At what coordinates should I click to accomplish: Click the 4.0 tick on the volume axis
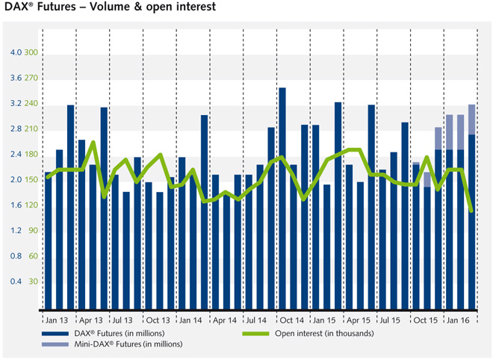(16, 52)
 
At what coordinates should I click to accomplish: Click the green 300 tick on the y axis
(32, 52)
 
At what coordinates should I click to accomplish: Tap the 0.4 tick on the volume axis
(16, 282)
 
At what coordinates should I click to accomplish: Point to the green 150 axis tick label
(32, 180)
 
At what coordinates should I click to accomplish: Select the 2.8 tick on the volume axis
(16, 129)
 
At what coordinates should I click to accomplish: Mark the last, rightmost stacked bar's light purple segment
(471, 120)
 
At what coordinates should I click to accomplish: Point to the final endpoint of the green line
(471, 211)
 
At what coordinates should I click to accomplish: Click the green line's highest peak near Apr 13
(93, 142)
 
